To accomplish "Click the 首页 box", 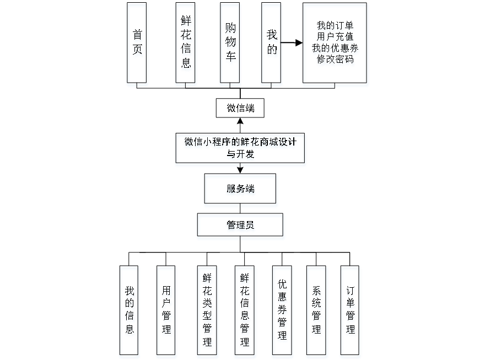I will point(137,44).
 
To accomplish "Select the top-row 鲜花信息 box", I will point(186,44).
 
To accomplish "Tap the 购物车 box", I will point(230,44).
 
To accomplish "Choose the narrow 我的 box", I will point(272,44).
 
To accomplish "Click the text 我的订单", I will point(335,26).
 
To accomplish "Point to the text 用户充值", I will point(335,37).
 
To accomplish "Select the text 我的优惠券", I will point(335,49).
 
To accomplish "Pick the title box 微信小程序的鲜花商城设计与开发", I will point(240,149).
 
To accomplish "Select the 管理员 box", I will point(241,227).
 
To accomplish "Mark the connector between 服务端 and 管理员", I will point(241,210).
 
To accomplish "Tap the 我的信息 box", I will point(130,311).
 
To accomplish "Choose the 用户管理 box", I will point(166,311).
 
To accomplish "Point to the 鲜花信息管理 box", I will point(245,311).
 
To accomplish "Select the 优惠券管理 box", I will point(282,311).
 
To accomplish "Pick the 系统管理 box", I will point(317,311).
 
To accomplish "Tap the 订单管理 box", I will point(351,311).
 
